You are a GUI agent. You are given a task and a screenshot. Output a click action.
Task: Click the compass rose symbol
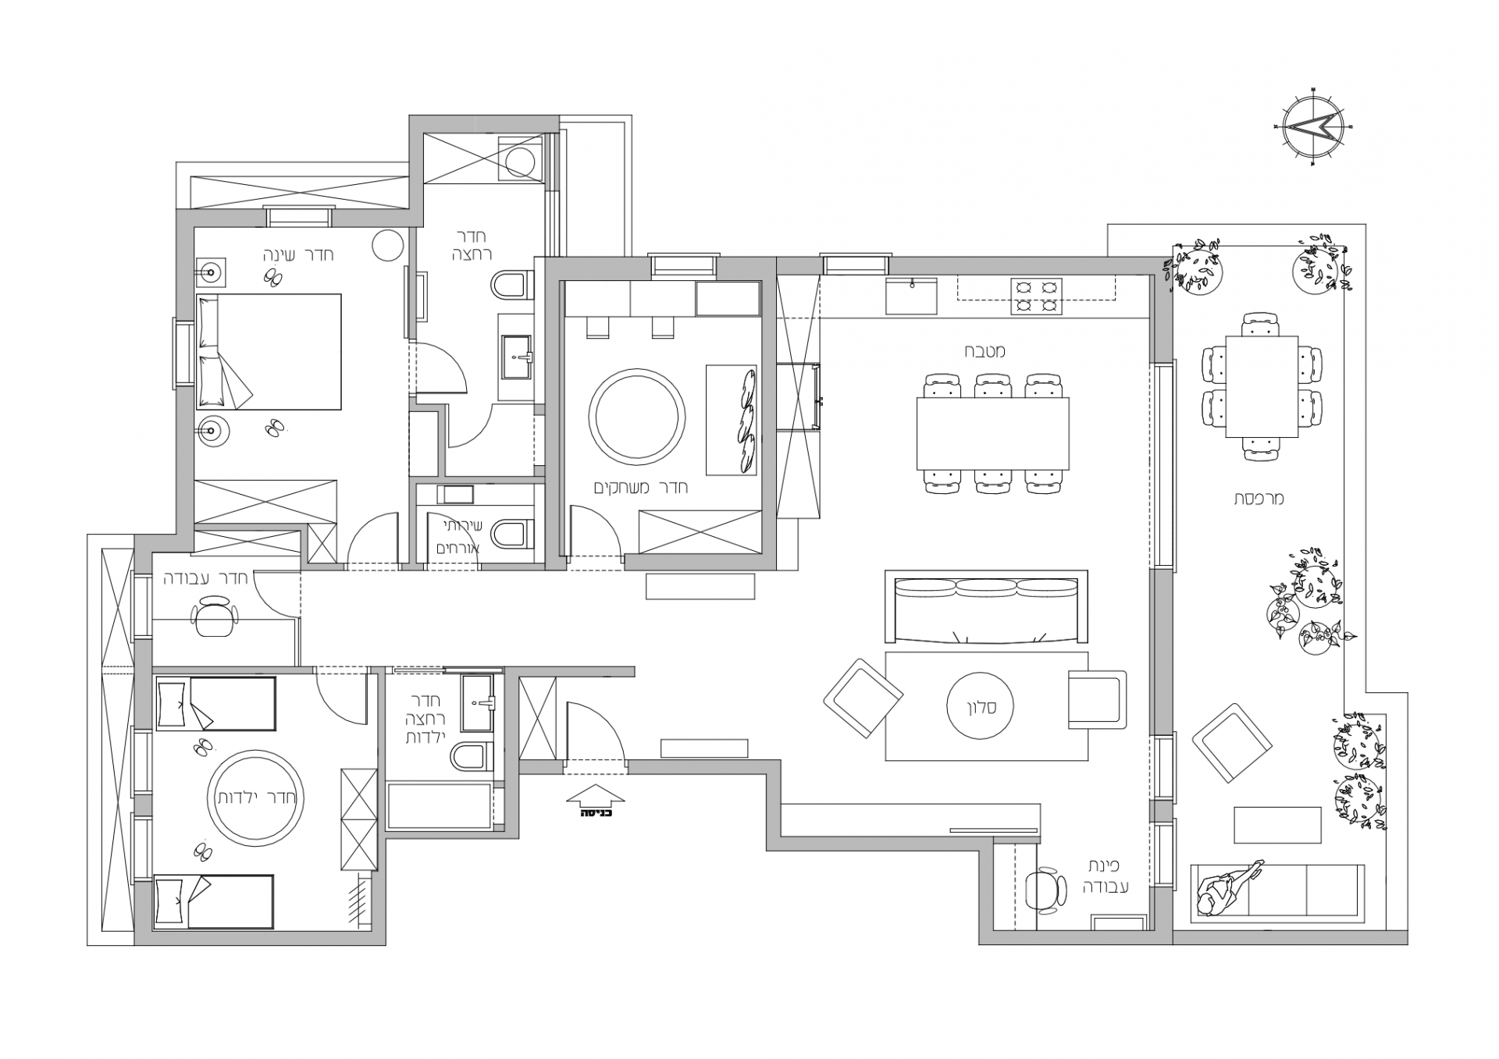pyautogui.click(x=1317, y=126)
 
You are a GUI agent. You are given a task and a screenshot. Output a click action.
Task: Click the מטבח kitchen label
pyautogui.click(x=984, y=351)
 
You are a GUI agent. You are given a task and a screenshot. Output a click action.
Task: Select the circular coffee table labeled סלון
pyautogui.click(x=980, y=706)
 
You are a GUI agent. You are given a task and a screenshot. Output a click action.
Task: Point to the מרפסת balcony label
pyautogui.click(x=1259, y=499)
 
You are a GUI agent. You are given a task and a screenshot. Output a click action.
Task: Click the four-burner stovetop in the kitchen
pyautogui.click(x=1036, y=297)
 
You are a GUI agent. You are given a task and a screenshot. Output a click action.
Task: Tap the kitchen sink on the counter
pyautogui.click(x=912, y=295)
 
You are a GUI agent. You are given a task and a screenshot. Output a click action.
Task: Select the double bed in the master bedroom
pyautogui.click(x=269, y=352)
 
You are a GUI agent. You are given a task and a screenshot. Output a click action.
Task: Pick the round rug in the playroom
pyautogui.click(x=637, y=417)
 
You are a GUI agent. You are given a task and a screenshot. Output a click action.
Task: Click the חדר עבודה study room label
pyautogui.click(x=206, y=579)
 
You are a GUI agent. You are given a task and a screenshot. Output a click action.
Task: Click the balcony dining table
pyautogui.click(x=1262, y=387)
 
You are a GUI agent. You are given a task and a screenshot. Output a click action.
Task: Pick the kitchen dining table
pyautogui.click(x=992, y=434)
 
